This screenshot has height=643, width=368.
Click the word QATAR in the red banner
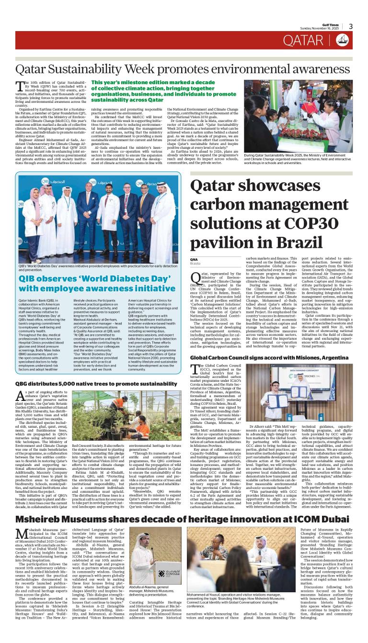(310, 40)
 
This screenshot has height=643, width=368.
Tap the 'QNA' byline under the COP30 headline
(194, 259)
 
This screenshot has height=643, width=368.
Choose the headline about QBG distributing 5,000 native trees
(96, 384)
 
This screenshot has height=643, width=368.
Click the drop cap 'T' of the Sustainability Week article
(20, 86)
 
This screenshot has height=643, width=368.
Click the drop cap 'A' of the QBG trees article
(20, 396)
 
